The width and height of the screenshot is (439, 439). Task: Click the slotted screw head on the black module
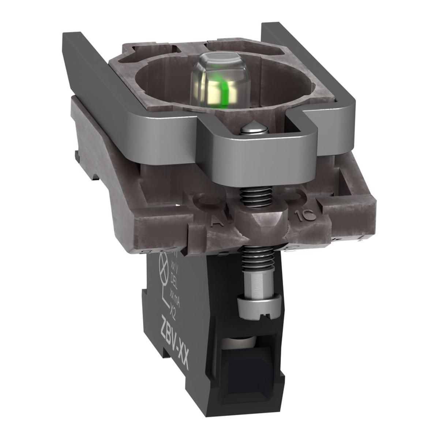(252, 303)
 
